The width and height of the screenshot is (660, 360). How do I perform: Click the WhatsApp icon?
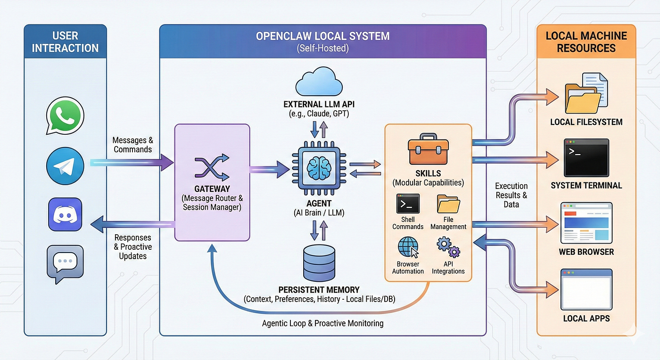tap(65, 116)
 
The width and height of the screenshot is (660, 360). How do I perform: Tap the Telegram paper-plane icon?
tap(65, 166)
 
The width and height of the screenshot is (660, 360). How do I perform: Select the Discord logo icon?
tap(65, 214)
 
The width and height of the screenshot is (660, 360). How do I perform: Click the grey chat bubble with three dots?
tap(65, 263)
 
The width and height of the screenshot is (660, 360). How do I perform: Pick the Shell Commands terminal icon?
tap(408, 204)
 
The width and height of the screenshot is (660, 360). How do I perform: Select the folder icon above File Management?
tap(448, 204)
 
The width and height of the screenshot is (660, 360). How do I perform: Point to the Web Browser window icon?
tap(586, 222)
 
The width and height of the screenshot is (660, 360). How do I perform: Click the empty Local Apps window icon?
tap(586, 288)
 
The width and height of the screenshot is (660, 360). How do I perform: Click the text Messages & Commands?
tap(132, 145)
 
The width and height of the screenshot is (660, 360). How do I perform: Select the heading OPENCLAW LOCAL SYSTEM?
tap(323, 36)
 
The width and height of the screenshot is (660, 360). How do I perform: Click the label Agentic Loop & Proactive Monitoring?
tap(322, 323)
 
